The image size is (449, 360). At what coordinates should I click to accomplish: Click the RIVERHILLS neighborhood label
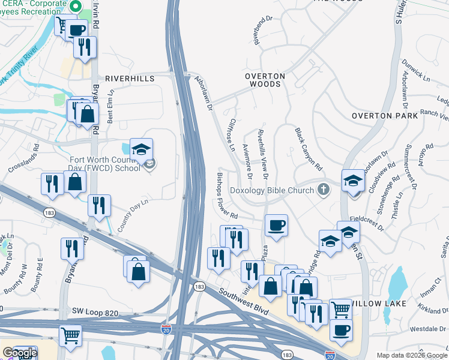coord(130,79)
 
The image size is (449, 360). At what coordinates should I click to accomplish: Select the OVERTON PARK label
coord(384,116)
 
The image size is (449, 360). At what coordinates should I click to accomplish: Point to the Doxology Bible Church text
coord(271,191)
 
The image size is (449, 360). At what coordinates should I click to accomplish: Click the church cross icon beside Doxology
coord(324,190)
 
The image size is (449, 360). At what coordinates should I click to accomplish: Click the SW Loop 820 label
coord(97,313)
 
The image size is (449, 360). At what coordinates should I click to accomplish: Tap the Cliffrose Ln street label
coord(233,134)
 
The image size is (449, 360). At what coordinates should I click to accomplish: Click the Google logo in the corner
coord(20,353)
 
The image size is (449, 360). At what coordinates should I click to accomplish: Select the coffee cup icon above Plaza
coord(276,226)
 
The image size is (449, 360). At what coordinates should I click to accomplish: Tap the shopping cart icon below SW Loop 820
coord(70,336)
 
